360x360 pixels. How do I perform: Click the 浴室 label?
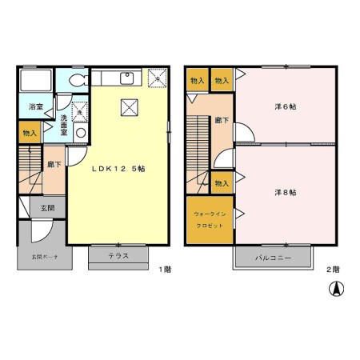coord(35,106)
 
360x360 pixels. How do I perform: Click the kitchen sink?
coord(125,78)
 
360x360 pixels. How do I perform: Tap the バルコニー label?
coord(273,259)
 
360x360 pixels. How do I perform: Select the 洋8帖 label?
coord(286,192)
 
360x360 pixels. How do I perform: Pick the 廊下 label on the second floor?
coord(222,120)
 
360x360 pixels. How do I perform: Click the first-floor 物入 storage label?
coord(27,134)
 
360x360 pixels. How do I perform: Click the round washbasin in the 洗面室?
coord(80,133)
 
